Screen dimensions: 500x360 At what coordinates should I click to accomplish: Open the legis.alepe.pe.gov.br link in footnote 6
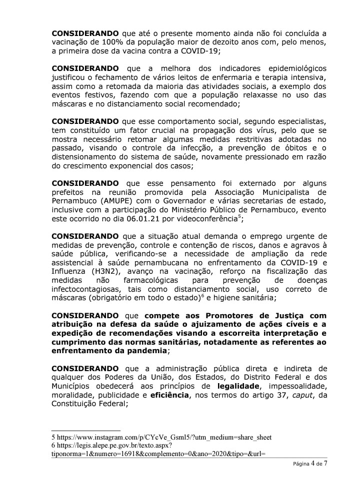coord(114,446)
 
